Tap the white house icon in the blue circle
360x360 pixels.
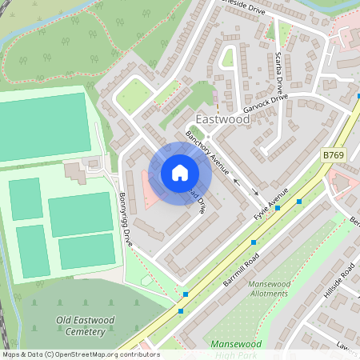pos(180,173)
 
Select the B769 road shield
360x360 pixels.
pos(334,154)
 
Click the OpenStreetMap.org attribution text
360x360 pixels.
pos(104,354)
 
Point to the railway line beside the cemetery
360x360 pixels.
pos(6,320)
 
